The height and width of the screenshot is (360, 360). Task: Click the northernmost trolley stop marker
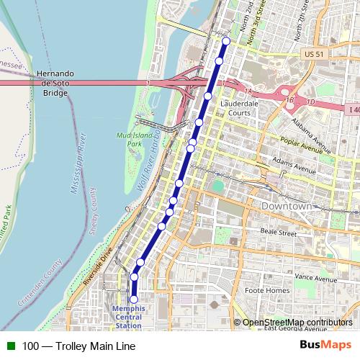225,41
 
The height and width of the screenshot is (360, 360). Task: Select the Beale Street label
278,233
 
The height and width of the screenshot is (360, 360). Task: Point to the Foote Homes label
266,290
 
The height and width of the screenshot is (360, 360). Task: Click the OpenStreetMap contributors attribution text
297,323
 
